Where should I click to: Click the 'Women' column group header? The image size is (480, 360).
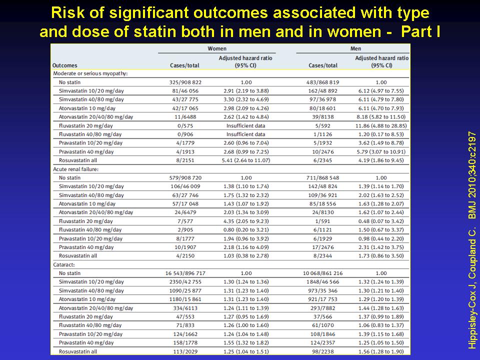tap(216, 48)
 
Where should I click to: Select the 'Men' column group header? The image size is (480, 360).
tap(355, 48)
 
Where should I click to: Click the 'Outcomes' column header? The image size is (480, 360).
tap(64, 65)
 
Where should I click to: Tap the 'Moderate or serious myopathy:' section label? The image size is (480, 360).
tap(90, 73)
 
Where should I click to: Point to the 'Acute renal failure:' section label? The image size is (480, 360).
tap(75, 169)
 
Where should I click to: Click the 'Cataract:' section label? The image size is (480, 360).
tap(63, 264)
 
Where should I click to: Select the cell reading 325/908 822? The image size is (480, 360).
tap(185, 82)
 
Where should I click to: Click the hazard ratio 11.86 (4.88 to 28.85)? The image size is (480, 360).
tap(381, 126)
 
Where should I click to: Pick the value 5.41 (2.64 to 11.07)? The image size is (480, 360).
tap(246, 160)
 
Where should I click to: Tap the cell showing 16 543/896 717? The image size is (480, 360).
tap(185, 273)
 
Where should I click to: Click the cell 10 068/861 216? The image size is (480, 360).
tap(322, 273)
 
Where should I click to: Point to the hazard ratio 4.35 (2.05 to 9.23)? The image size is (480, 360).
tap(246, 221)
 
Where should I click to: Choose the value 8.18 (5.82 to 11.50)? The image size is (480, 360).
tap(381, 117)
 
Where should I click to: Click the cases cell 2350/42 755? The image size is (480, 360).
tap(185, 282)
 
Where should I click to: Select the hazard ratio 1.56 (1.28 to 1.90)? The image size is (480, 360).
tap(381, 351)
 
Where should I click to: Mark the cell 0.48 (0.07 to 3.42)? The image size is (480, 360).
tap(381, 221)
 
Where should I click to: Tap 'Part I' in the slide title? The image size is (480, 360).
tap(420, 31)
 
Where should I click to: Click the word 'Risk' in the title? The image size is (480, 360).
tap(63, 13)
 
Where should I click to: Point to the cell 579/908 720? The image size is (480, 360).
tap(185, 178)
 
